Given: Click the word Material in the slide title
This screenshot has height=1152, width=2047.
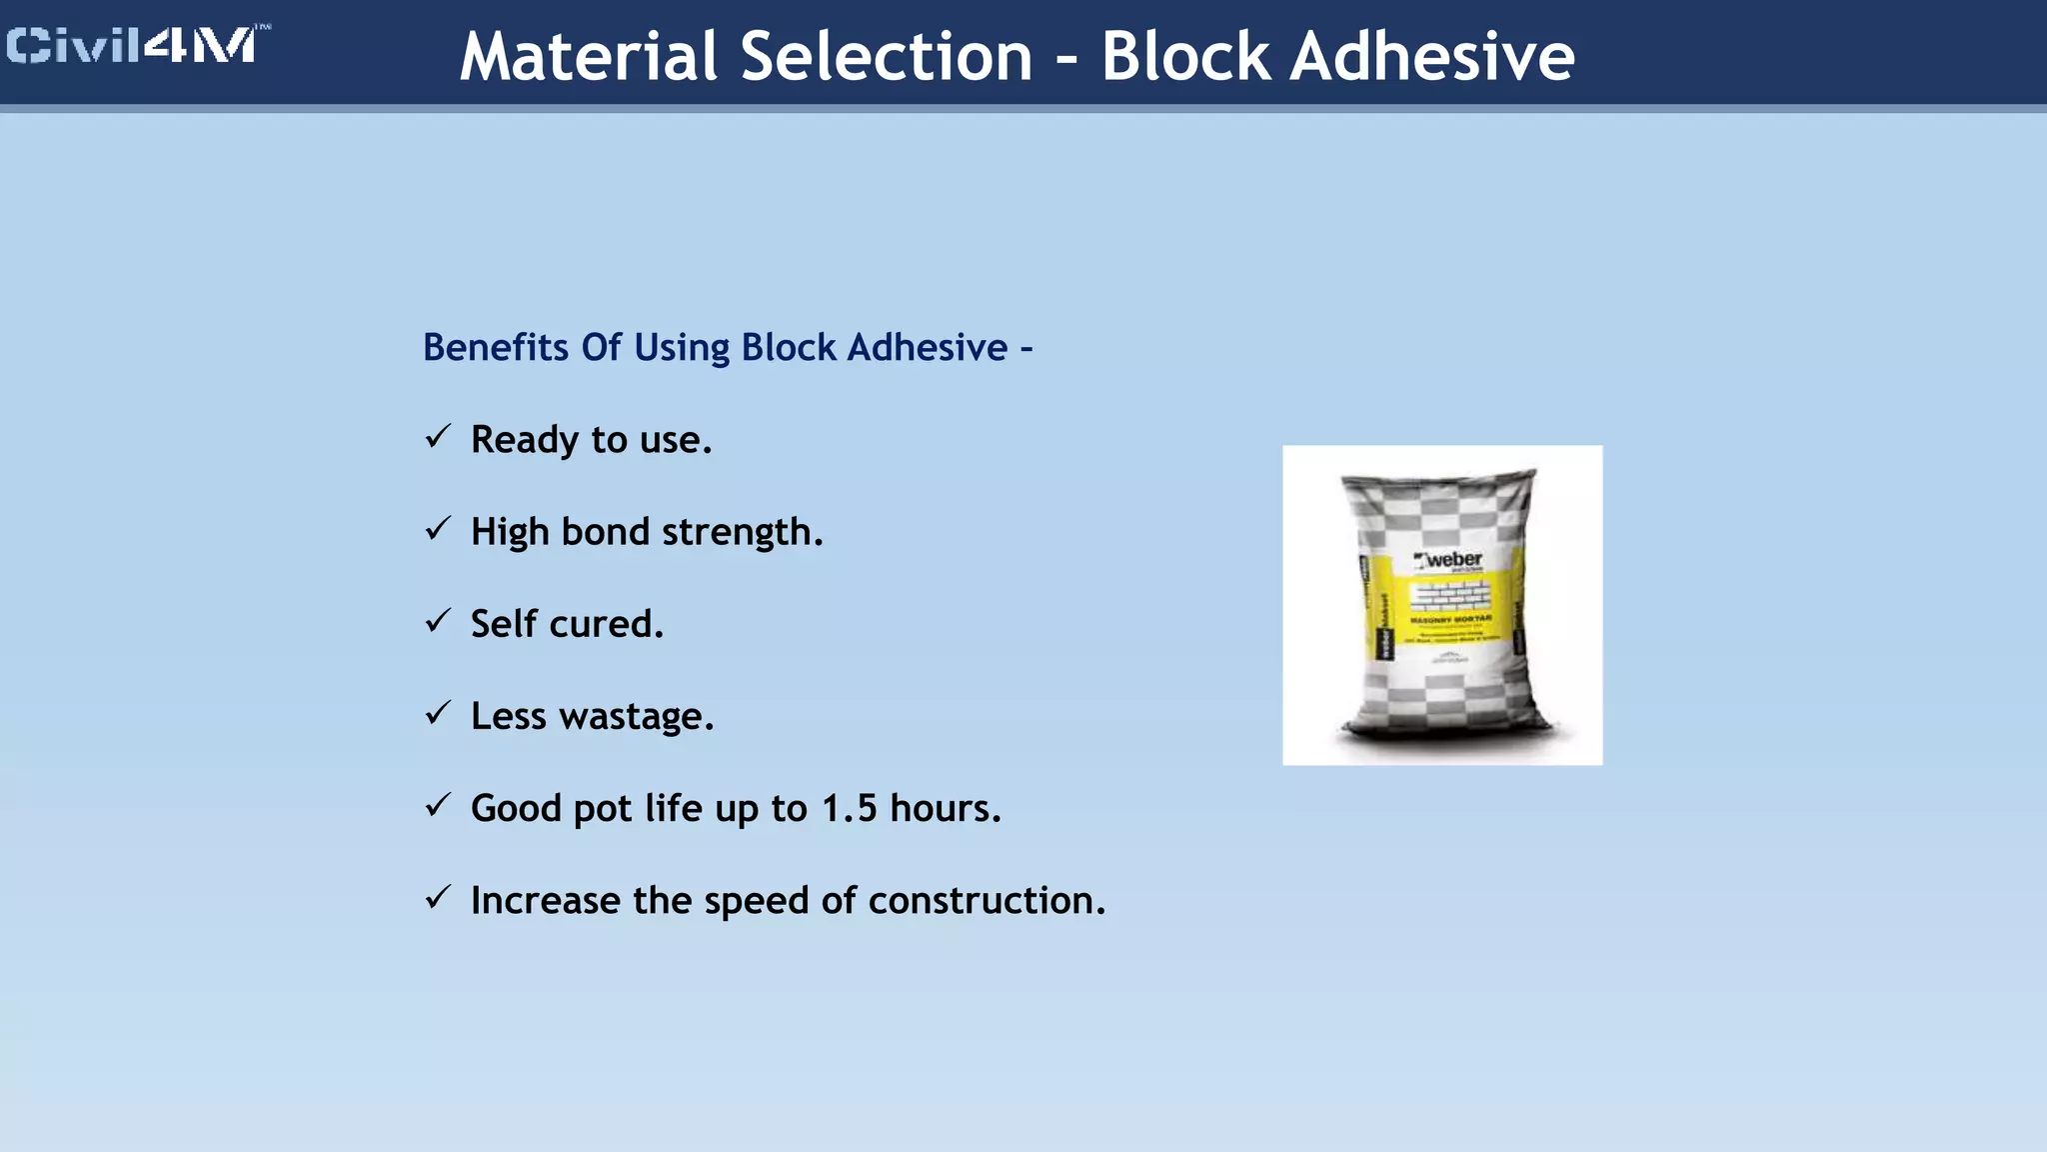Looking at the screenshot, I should (589, 56).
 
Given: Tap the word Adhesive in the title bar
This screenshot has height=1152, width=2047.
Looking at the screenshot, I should (1431, 56).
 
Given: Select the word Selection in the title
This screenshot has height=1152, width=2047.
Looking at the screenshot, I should (887, 56).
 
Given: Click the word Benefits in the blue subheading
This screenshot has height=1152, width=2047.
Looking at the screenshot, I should (496, 348).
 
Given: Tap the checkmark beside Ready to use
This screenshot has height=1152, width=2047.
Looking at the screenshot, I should (438, 437).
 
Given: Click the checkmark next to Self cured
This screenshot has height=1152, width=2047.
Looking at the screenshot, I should (438, 621).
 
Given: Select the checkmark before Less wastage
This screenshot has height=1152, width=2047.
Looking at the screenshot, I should (438, 713).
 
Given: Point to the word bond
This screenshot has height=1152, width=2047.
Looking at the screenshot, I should (605, 532).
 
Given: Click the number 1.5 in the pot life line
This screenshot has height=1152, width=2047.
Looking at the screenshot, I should (849, 808).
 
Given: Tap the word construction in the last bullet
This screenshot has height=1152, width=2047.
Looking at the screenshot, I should (986, 901).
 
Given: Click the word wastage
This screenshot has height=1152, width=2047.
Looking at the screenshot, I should (636, 717).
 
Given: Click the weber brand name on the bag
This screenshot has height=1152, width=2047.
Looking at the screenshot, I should (1452, 559).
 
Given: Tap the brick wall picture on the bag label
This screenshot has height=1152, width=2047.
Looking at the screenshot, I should (1450, 596).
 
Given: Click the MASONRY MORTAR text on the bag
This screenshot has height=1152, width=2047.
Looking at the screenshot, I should (1450, 620).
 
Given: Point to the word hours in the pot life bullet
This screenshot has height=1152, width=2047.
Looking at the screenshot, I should (945, 808).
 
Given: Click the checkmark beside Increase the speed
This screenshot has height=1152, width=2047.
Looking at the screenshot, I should (438, 897).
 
